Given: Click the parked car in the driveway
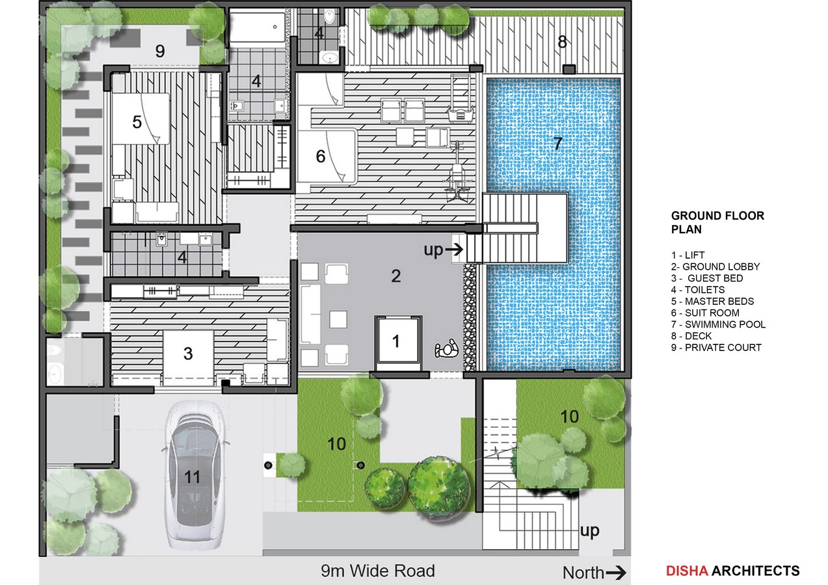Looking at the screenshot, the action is pyautogui.click(x=193, y=476).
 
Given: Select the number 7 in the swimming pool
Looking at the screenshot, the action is pyautogui.click(x=558, y=143).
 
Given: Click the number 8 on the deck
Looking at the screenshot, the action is pyautogui.click(x=562, y=42).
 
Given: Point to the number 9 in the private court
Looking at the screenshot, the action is pyautogui.click(x=160, y=51).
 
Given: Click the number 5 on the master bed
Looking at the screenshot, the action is pyautogui.click(x=137, y=122).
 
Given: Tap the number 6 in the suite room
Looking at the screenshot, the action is pyautogui.click(x=321, y=156).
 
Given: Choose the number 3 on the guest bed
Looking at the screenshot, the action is pyautogui.click(x=188, y=354).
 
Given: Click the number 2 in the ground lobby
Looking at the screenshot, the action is pyautogui.click(x=395, y=276).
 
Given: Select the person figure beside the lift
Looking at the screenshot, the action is pyautogui.click(x=447, y=348).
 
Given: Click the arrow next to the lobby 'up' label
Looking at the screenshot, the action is pyautogui.click(x=454, y=250).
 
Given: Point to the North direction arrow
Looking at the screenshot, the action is pyautogui.click(x=615, y=573).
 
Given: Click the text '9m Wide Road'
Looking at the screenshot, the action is pyautogui.click(x=378, y=571).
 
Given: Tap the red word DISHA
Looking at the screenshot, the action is pyautogui.click(x=687, y=571).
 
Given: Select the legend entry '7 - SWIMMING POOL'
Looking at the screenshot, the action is pyautogui.click(x=718, y=324).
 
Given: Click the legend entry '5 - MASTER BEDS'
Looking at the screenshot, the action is pyautogui.click(x=712, y=301).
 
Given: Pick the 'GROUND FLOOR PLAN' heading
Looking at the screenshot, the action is pyautogui.click(x=717, y=222).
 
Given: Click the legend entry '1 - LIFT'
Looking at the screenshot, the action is pyautogui.click(x=688, y=255).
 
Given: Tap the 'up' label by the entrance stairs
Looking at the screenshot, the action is pyautogui.click(x=589, y=531).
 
